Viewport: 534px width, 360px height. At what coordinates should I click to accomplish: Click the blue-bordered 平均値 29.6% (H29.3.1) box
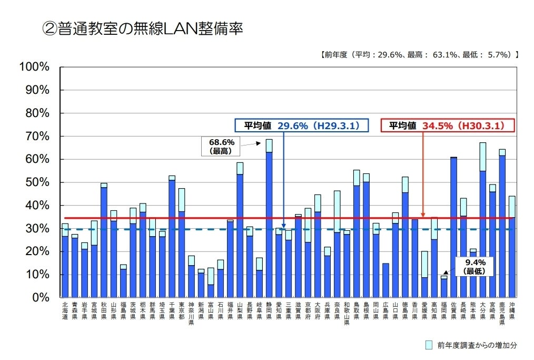(308, 125)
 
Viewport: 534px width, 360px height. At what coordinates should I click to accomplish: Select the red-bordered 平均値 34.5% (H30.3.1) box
(447, 125)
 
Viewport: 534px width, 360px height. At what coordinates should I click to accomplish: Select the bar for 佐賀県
(453, 227)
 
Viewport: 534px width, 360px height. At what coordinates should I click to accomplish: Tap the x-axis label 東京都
(182, 311)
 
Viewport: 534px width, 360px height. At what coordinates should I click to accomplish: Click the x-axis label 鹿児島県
(502, 314)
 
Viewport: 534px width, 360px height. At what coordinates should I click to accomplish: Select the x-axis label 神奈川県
(191, 314)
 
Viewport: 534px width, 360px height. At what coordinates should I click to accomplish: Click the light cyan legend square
(430, 345)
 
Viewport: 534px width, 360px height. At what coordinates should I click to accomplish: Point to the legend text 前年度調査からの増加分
(477, 345)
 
